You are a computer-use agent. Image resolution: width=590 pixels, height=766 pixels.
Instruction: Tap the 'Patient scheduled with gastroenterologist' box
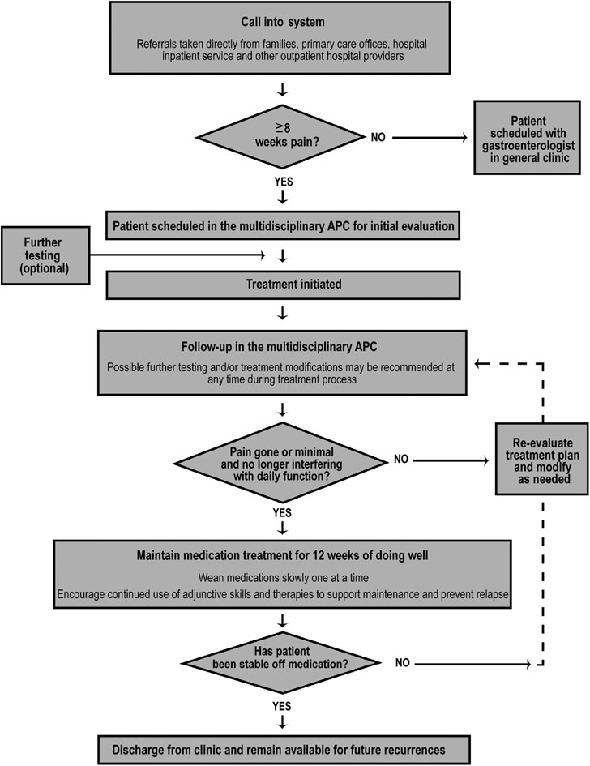click(531, 138)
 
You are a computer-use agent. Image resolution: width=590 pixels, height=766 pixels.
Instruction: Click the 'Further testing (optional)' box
click(45, 255)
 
